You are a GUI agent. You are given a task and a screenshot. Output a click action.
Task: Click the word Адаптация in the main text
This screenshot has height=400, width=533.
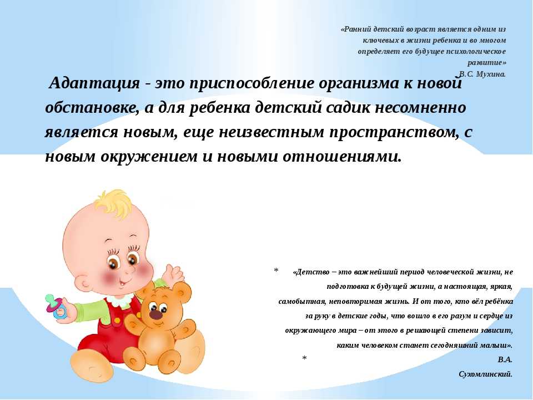click(94, 83)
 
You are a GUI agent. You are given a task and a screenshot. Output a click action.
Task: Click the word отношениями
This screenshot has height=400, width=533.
click(343, 157)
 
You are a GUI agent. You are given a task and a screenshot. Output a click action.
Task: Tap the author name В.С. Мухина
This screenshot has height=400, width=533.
click(482, 74)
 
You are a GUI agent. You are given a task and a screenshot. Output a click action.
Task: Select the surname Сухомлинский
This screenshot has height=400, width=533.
click(485, 374)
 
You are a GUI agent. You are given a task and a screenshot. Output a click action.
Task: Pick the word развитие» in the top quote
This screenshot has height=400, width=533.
click(487, 63)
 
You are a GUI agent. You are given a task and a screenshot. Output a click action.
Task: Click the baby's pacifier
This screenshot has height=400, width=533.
click(56, 306)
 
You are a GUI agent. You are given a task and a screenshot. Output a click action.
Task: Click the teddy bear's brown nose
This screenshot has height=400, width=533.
click(156, 314)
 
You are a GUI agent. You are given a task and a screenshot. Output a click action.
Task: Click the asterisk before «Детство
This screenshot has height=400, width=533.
click(276, 271)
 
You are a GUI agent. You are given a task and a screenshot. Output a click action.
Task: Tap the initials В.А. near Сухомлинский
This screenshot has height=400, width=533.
click(505, 359)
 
